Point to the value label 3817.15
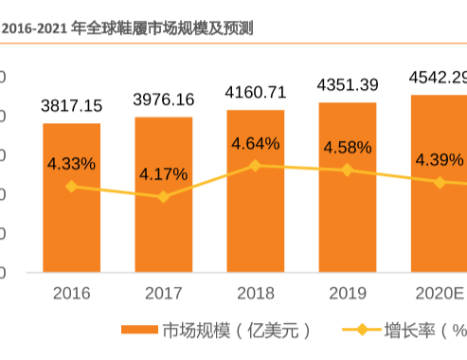pyautogui.click(x=71, y=105)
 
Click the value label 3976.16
pyautogui.click(x=163, y=99)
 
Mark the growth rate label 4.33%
pyautogui.click(x=71, y=164)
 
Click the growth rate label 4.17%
pyautogui.click(x=163, y=174)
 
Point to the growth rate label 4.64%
pyautogui.click(x=255, y=144)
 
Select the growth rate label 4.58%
pyautogui.click(x=347, y=148)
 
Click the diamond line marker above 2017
pyautogui.click(x=163, y=197)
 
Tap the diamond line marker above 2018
pyautogui.click(x=255, y=165)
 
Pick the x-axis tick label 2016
pyautogui.click(x=71, y=294)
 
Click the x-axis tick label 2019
pyautogui.click(x=347, y=294)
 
